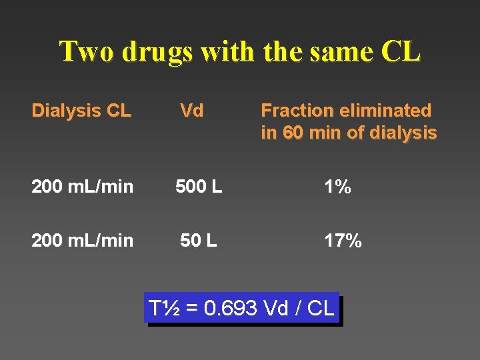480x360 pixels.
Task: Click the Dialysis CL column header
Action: [81, 111]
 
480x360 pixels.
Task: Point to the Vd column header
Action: [192, 111]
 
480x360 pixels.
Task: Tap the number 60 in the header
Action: [293, 133]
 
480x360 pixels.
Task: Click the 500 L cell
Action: [199, 188]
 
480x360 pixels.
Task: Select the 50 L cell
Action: [199, 241]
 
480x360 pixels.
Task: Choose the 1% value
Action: [337, 188]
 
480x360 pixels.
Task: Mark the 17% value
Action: [343, 241]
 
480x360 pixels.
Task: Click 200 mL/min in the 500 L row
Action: [82, 188]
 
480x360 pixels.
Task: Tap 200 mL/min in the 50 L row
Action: [82, 241]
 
